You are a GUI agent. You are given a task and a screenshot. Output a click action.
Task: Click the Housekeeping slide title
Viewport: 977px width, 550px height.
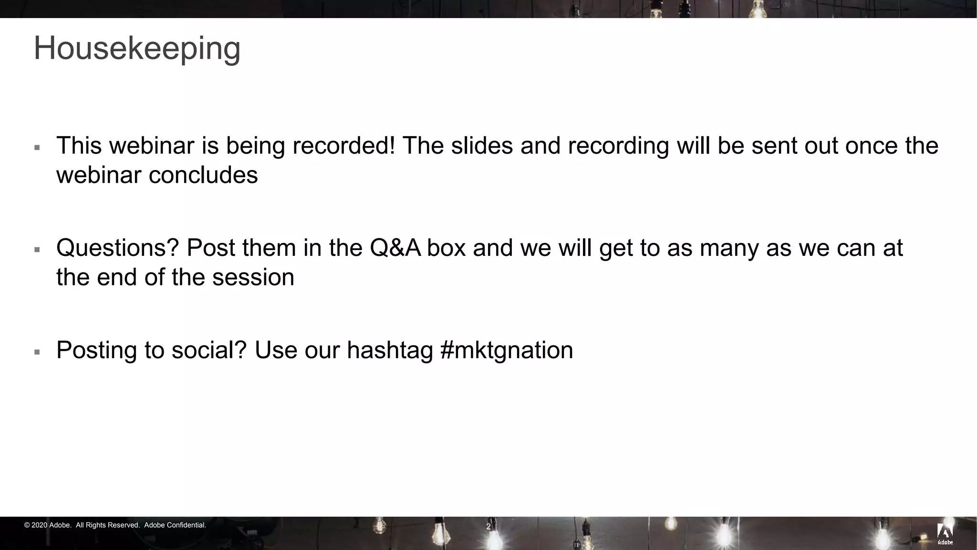click(137, 49)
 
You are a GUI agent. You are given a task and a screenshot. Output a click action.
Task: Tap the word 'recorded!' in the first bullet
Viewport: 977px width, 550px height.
click(344, 146)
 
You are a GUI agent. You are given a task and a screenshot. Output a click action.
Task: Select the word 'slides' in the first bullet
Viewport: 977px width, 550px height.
click(482, 146)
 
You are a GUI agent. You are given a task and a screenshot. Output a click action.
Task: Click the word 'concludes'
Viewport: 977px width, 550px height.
click(203, 175)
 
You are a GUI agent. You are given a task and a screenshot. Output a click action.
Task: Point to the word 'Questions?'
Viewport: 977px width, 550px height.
click(117, 248)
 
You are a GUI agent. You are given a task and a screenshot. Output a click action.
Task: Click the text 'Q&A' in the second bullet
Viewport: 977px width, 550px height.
click(395, 248)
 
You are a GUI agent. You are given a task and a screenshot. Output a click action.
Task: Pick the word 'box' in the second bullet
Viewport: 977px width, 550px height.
click(446, 248)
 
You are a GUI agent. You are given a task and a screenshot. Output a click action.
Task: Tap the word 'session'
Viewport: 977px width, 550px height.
click(253, 277)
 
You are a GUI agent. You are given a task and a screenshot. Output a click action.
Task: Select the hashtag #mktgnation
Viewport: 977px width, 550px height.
click(507, 350)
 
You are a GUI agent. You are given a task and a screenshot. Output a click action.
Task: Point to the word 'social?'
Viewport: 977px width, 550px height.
click(209, 350)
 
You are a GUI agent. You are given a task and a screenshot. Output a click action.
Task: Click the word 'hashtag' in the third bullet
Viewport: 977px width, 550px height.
click(389, 350)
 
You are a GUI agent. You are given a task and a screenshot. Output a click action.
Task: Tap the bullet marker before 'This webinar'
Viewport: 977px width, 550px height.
click(37, 148)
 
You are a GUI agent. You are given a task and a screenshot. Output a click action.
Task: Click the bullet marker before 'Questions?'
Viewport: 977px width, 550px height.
click(37, 250)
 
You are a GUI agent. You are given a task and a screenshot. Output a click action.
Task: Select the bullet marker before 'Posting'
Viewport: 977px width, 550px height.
click(37, 352)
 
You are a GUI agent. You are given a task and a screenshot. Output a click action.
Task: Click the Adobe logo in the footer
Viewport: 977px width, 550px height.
click(945, 534)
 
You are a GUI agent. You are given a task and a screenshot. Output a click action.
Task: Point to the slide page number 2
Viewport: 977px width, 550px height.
click(488, 527)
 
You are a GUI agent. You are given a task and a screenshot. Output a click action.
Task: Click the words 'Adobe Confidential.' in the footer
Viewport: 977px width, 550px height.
click(175, 525)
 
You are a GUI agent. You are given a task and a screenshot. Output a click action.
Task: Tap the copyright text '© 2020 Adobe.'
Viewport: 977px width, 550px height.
click(48, 525)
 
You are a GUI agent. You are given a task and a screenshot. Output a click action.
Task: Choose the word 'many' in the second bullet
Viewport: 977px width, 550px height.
click(729, 248)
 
